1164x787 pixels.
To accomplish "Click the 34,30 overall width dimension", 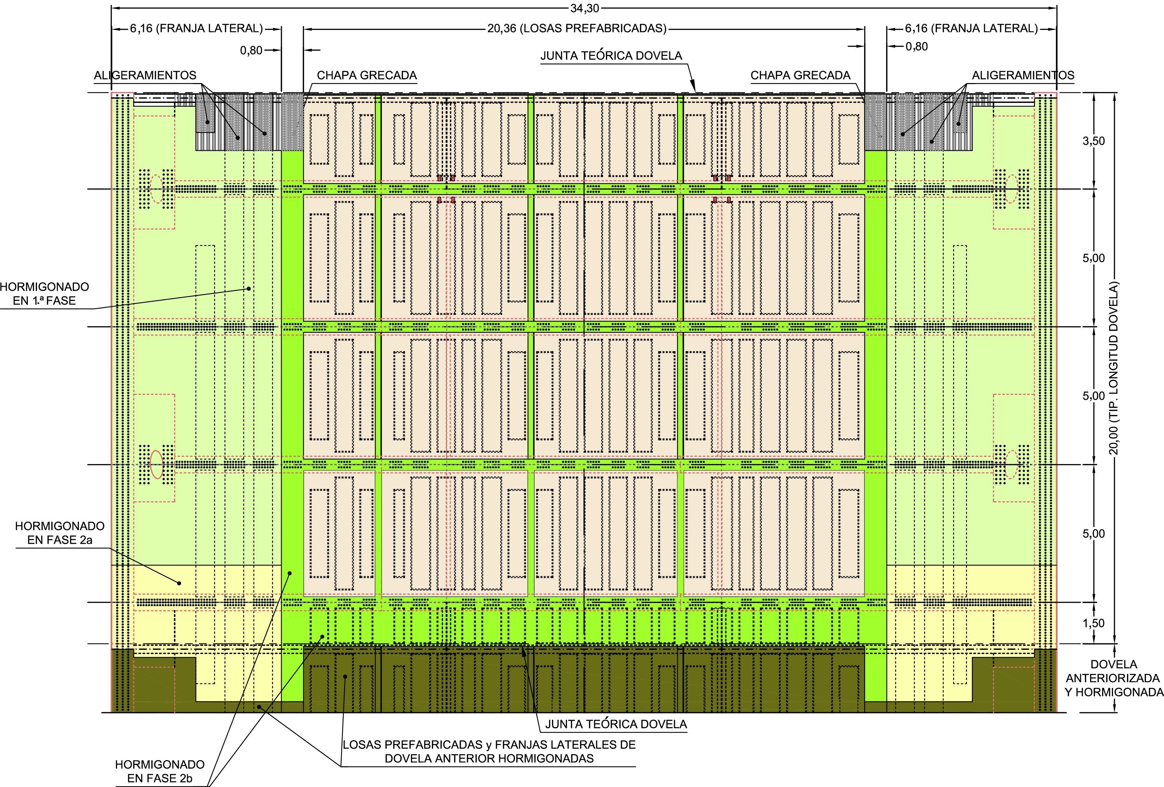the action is point(584,8).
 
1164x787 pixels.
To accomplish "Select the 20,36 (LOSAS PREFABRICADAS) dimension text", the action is point(577,29).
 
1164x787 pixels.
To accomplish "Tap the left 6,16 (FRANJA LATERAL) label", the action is point(196,29).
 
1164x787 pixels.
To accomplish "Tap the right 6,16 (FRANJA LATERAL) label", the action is point(971,29).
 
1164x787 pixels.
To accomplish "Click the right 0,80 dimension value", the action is point(916,46).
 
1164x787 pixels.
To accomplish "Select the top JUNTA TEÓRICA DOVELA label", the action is point(611,55).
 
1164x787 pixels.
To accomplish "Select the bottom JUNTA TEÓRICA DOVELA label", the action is point(616,724).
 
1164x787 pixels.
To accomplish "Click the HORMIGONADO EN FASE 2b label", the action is point(160,772).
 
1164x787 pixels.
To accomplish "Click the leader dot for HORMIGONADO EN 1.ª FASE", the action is point(249,288).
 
